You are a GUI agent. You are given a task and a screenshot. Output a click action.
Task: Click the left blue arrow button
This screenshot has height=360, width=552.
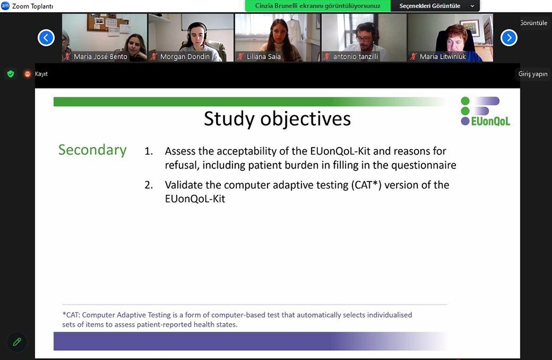(x=46, y=38)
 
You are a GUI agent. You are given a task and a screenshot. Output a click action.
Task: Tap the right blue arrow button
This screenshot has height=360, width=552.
(x=509, y=38)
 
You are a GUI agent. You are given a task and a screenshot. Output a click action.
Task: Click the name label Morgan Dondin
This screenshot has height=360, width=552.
(x=185, y=56)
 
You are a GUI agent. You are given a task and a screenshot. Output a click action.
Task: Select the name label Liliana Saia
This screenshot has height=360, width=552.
(x=264, y=56)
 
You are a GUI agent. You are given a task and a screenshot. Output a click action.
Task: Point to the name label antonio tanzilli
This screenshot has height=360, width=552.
(x=355, y=56)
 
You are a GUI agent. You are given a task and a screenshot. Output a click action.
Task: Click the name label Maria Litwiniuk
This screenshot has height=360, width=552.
(x=443, y=56)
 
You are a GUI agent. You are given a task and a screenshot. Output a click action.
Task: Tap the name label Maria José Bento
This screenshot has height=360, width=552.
(x=100, y=56)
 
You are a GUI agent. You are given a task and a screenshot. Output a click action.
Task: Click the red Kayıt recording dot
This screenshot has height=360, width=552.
(x=28, y=74)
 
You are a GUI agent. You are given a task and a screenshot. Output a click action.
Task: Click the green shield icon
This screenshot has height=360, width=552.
(x=10, y=74)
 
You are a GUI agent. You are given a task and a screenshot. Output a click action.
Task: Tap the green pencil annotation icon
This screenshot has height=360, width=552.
(x=17, y=342)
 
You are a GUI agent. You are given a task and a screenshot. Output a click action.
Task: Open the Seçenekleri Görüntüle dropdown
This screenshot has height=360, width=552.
(x=435, y=6)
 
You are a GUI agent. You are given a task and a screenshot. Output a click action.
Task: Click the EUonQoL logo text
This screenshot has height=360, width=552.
(x=490, y=121)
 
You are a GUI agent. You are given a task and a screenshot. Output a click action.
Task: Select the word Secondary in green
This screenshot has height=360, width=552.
(x=92, y=150)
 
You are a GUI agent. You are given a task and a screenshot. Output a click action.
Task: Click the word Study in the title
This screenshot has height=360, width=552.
(x=229, y=118)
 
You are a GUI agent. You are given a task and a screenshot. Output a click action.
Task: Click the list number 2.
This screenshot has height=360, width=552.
(x=148, y=185)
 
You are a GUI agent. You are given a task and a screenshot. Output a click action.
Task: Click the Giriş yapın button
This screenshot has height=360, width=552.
(x=532, y=74)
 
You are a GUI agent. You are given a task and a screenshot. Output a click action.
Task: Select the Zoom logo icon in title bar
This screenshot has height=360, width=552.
(x=5, y=6)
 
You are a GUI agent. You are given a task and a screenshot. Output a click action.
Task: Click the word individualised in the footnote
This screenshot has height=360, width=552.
(x=389, y=315)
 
